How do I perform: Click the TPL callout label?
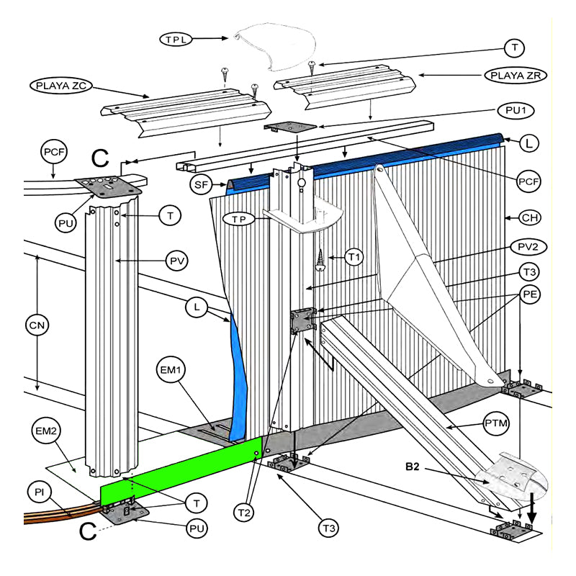(x=176, y=39)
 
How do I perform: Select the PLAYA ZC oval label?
(x=61, y=86)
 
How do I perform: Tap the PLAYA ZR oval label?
(x=516, y=76)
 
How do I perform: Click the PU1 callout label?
(x=516, y=110)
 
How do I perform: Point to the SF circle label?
(x=201, y=184)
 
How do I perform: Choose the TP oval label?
(x=239, y=220)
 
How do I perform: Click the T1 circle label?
(x=354, y=257)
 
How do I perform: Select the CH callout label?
(x=530, y=218)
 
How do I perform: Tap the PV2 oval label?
(x=528, y=247)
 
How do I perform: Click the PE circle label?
(x=530, y=294)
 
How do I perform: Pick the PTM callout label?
(x=496, y=423)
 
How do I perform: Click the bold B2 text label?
(x=412, y=467)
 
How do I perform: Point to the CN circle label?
(x=37, y=325)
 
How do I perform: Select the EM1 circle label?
(x=170, y=369)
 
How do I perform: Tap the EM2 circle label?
(x=46, y=430)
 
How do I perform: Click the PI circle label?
(x=40, y=492)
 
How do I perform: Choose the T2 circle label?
(x=244, y=513)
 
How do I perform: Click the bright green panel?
(x=181, y=472)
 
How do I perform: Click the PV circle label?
(x=177, y=261)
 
